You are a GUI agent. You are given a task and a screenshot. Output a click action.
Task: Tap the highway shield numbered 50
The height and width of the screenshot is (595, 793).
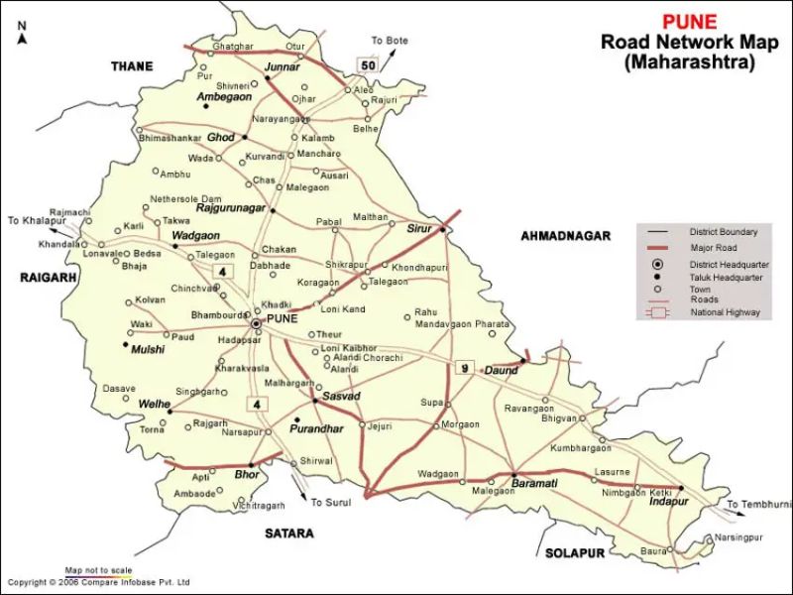click(x=369, y=65)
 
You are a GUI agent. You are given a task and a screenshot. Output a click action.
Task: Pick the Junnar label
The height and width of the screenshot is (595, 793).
click(x=282, y=67)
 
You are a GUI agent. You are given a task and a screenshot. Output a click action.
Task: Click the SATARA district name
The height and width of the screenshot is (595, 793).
click(x=289, y=533)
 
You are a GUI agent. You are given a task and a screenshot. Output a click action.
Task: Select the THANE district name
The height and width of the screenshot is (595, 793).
click(x=132, y=66)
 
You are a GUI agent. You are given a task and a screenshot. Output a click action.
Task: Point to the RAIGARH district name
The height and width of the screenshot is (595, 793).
click(x=48, y=279)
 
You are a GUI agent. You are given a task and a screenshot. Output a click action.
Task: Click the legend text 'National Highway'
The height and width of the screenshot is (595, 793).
click(x=726, y=312)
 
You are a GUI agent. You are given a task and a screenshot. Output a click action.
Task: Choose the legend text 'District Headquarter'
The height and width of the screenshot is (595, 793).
click(x=730, y=265)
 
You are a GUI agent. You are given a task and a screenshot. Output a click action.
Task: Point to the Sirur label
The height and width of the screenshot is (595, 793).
click(x=420, y=228)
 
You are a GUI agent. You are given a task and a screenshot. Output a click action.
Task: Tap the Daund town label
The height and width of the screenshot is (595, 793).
click(x=501, y=371)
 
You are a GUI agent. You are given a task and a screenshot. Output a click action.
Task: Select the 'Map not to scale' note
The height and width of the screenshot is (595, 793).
click(x=98, y=570)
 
